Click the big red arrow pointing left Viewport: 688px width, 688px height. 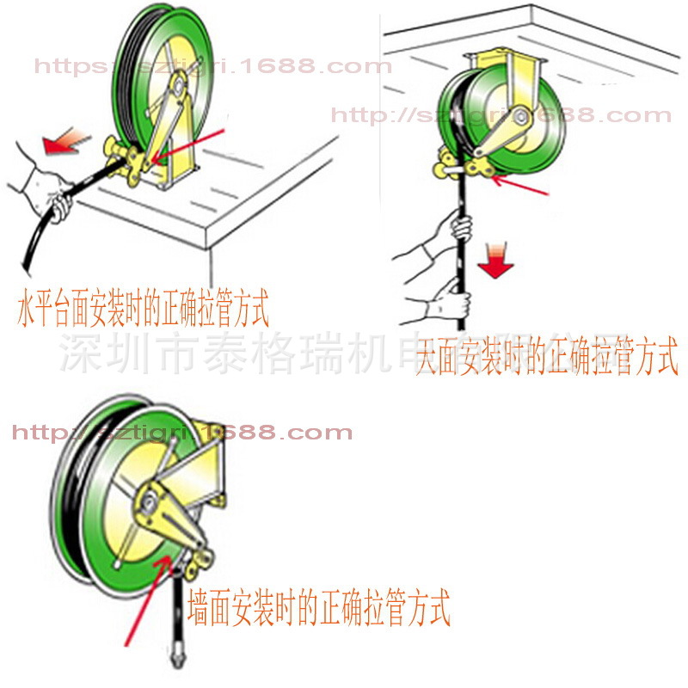coord(68,141)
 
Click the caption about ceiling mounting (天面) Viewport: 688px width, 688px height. coord(547,355)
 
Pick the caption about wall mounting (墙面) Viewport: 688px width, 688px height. coord(318,607)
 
